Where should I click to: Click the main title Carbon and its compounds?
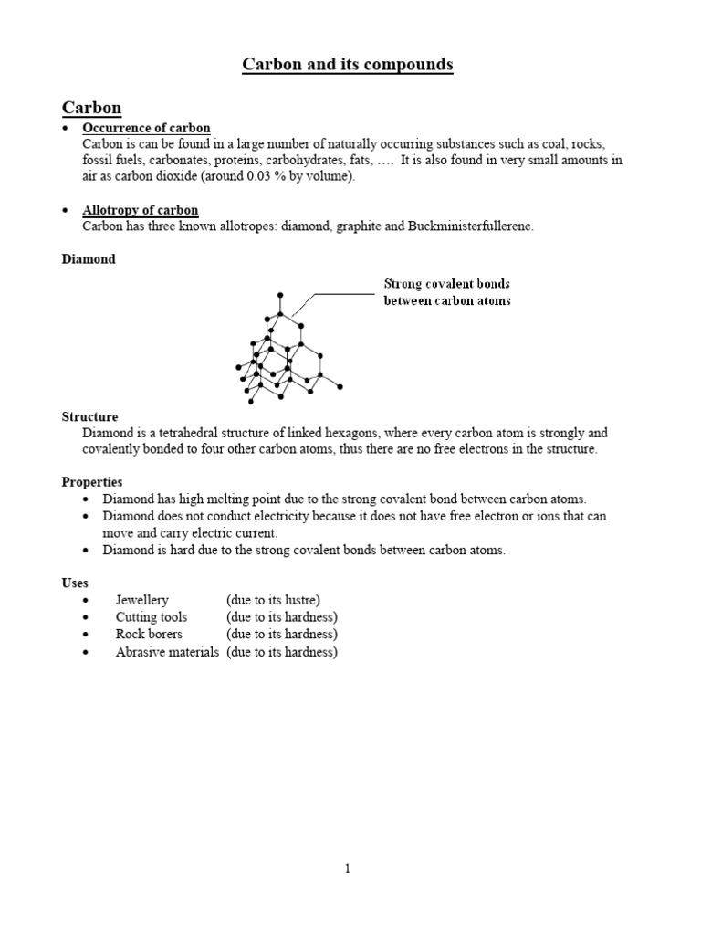(347, 65)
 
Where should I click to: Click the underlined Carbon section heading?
(91, 108)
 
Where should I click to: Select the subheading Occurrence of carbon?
(146, 128)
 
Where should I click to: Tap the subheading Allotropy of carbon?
(141, 210)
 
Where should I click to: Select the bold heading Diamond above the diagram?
(89, 259)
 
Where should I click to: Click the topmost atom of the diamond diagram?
(280, 295)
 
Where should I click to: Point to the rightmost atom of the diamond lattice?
(340, 386)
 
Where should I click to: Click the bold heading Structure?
(89, 416)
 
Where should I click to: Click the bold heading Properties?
(92, 481)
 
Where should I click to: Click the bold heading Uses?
(75, 582)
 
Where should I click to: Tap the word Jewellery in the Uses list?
(141, 600)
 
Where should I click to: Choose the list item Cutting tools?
(151, 617)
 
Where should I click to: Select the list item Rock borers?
(149, 634)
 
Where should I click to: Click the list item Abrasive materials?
(167, 652)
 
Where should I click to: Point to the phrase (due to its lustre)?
(274, 600)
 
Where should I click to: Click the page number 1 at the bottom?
(348, 869)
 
